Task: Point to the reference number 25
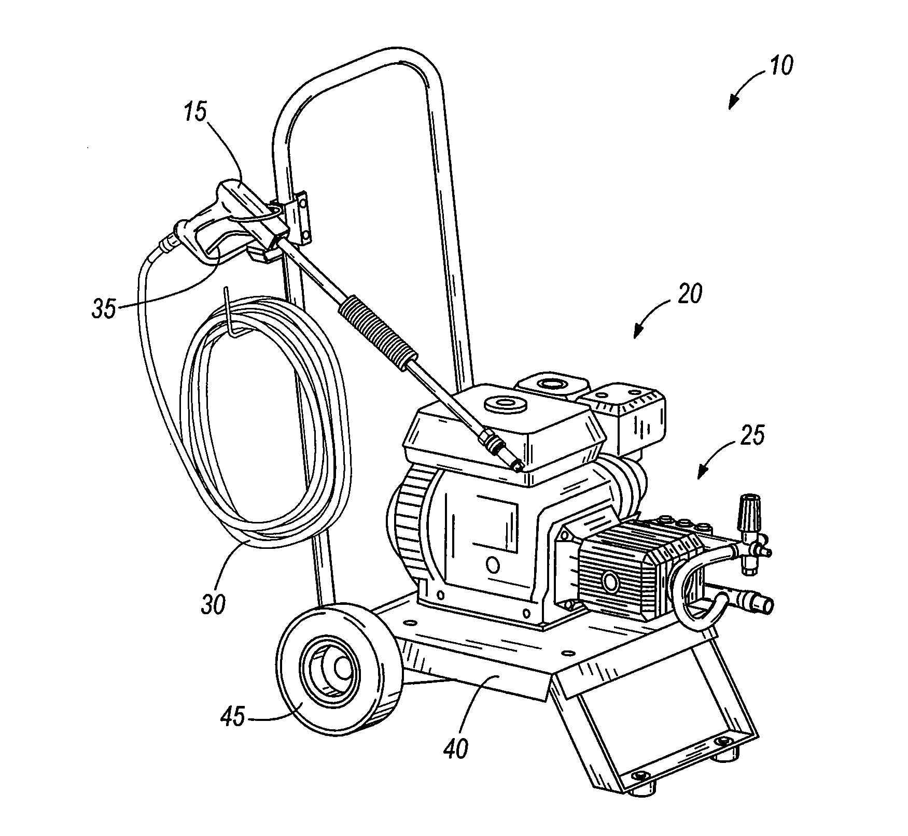click(751, 435)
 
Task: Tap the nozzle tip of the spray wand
click(516, 467)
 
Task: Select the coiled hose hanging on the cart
click(264, 415)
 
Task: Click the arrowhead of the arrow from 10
click(731, 107)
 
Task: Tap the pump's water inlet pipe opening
click(765, 605)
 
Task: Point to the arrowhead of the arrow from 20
click(636, 336)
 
